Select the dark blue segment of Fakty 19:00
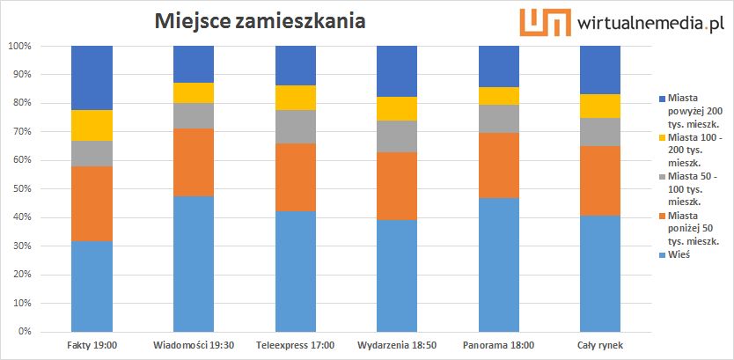92,77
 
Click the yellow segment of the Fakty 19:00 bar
92,125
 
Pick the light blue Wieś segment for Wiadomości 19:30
194,263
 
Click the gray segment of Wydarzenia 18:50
397,136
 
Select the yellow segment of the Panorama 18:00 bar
499,96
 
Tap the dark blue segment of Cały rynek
600,70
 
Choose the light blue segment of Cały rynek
600,273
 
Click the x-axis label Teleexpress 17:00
295,344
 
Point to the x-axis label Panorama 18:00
499,344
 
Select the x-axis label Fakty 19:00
92,344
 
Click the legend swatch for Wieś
662,254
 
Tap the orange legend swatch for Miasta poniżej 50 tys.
662,216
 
